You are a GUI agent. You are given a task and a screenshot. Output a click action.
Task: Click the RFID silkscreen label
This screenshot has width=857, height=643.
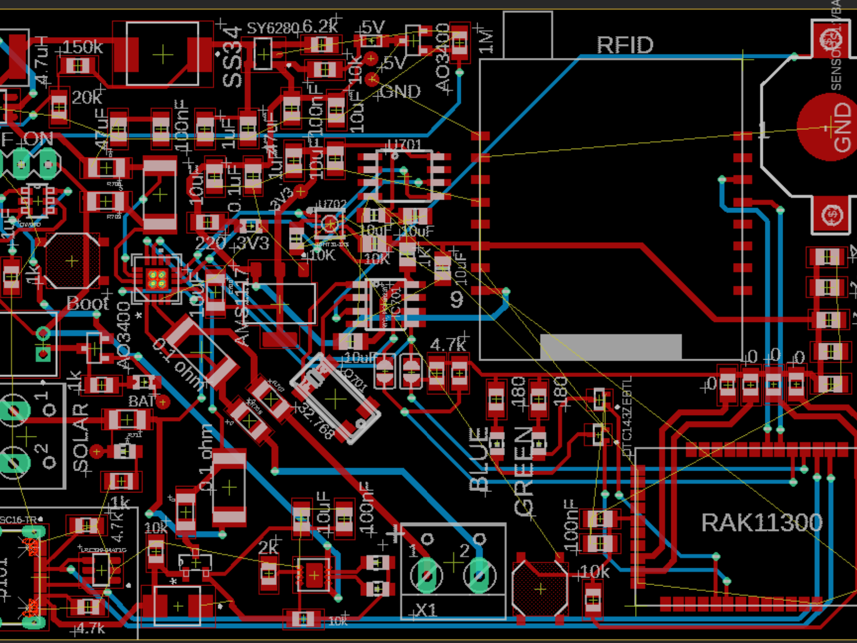[624, 45]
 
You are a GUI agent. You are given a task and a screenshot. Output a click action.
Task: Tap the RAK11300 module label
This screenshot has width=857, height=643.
[761, 523]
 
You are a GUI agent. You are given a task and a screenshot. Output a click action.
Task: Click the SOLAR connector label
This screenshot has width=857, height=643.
[81, 437]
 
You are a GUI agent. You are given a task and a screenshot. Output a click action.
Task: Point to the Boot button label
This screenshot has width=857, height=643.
[87, 304]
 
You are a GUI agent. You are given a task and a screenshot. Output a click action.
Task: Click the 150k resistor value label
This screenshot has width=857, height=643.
[83, 47]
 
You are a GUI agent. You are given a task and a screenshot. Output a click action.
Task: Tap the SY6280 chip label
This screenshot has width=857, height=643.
[273, 28]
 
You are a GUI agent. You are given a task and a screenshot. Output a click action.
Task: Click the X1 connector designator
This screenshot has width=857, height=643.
[426, 610]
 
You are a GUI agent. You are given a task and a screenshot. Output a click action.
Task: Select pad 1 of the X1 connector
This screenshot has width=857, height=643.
[427, 575]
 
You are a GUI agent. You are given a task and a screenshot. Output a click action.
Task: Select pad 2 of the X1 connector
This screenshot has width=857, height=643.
[479, 575]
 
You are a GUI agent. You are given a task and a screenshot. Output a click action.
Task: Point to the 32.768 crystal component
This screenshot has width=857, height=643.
[335, 399]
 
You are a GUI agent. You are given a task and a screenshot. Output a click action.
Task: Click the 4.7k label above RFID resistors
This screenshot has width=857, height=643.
[447, 345]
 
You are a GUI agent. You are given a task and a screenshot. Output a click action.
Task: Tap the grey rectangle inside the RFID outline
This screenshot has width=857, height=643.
[610, 346]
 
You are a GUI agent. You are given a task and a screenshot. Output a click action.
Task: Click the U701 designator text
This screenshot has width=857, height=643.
[404, 145]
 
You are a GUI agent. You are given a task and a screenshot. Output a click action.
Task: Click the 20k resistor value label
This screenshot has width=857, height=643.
[87, 98]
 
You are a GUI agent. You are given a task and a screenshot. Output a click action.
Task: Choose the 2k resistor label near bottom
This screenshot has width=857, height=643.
[268, 547]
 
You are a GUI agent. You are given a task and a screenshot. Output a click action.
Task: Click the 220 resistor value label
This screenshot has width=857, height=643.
[210, 242]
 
